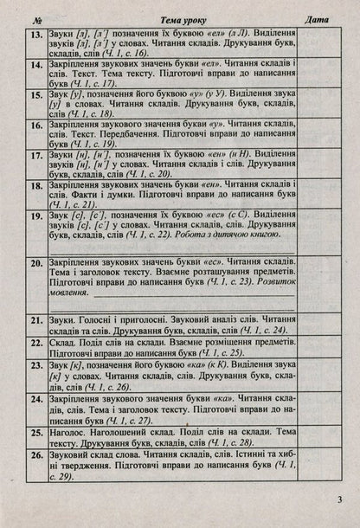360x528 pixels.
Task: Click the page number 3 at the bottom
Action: pos(341,499)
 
